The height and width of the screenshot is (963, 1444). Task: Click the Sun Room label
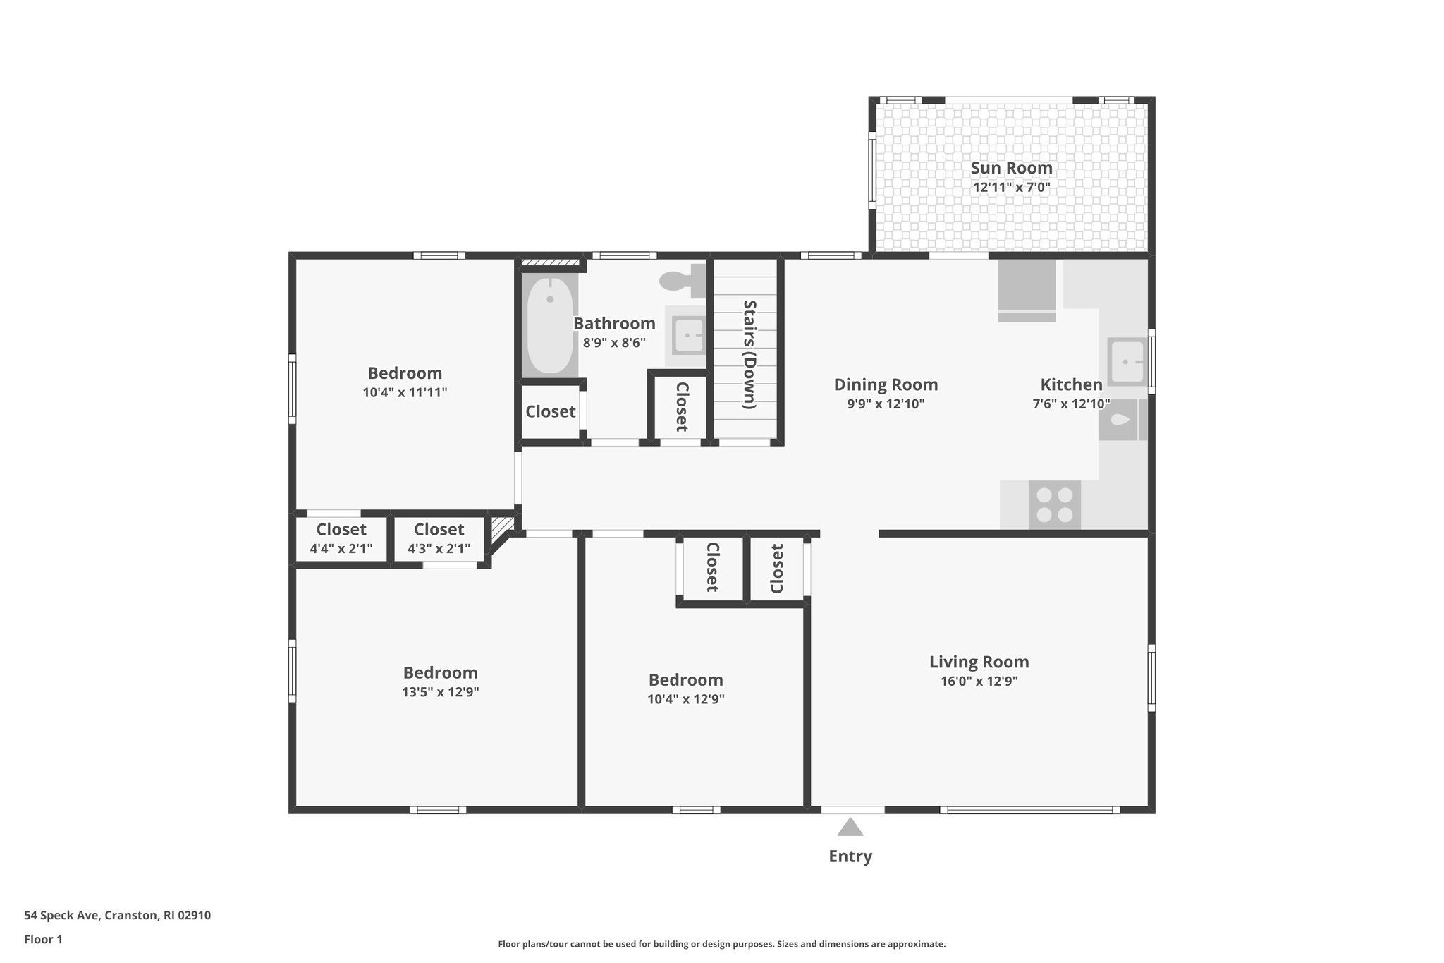coord(1011,168)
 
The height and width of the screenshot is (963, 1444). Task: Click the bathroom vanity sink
coord(687,336)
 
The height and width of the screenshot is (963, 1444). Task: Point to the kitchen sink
coord(1127,361)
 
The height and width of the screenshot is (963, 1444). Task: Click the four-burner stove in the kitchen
coord(1054,505)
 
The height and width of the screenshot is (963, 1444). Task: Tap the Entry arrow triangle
coord(850,827)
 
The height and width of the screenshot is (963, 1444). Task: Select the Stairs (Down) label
coord(749,354)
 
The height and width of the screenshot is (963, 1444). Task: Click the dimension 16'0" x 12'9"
coord(979,682)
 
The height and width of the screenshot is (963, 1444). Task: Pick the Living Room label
coord(979,662)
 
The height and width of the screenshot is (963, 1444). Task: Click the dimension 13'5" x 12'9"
coord(441,692)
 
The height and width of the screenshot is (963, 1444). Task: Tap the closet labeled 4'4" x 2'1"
coord(341,538)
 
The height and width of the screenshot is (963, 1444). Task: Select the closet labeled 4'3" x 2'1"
coord(439,538)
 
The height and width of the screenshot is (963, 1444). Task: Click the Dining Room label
coord(886,384)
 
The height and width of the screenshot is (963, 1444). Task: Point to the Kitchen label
coord(1071,384)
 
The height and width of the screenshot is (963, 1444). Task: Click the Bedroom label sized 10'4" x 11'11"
coord(405,373)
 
